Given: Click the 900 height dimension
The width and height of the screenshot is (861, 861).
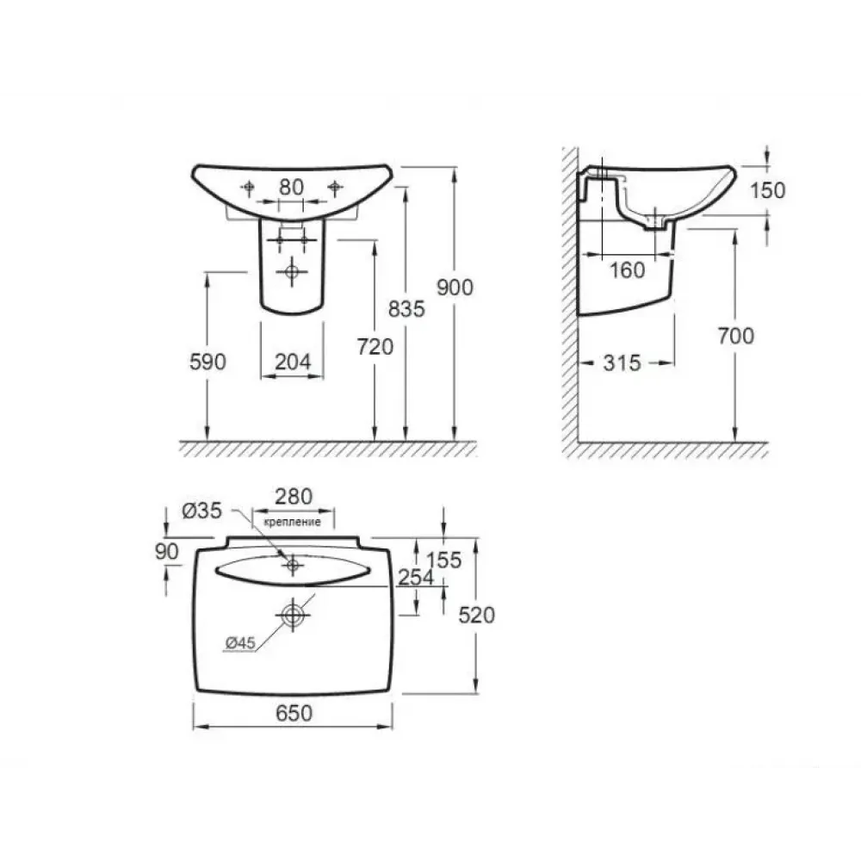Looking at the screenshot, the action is click(455, 288).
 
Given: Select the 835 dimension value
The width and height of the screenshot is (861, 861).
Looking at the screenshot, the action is click(406, 309).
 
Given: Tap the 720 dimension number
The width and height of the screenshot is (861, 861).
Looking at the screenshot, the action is click(375, 347).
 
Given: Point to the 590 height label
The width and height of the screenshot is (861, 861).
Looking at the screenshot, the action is click(208, 362).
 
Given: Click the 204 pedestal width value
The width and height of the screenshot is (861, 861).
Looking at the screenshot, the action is click(293, 362).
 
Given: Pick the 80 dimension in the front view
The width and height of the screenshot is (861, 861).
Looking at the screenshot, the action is click(291, 187).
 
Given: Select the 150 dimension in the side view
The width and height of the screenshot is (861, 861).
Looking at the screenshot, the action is click(768, 190).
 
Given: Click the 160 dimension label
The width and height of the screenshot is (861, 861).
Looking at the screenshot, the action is click(628, 270).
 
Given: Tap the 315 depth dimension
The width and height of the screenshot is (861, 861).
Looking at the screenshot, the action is click(623, 363).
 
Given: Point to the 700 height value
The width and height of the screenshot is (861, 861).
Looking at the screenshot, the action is click(736, 336).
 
